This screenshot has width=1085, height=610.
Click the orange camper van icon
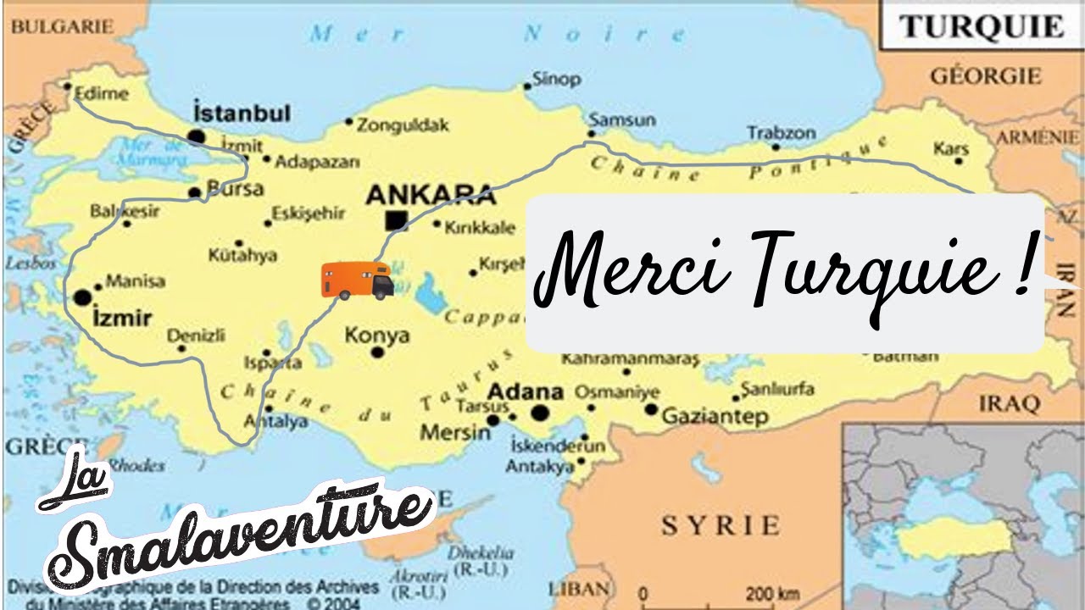coord(357,280)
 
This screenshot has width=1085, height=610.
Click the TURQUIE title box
coord(982,27)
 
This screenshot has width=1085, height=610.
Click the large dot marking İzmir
coord(82,297)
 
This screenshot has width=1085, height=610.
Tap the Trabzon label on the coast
coord(781,133)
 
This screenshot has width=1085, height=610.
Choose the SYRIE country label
coord(720,525)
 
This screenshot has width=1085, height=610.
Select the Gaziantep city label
coord(715,417)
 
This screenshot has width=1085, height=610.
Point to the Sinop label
coord(556,80)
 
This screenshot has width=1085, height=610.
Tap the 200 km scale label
coord(772,593)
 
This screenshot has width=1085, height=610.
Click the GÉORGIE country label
coord(986,76)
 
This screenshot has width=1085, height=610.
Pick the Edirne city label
coord(102,94)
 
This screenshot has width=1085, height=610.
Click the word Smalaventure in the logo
coord(246,534)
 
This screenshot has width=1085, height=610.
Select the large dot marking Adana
coord(539,413)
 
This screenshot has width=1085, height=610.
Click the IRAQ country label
coord(1009,403)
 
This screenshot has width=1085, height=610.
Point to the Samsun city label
coord(622,120)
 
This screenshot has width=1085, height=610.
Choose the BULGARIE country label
coord(61,27)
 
